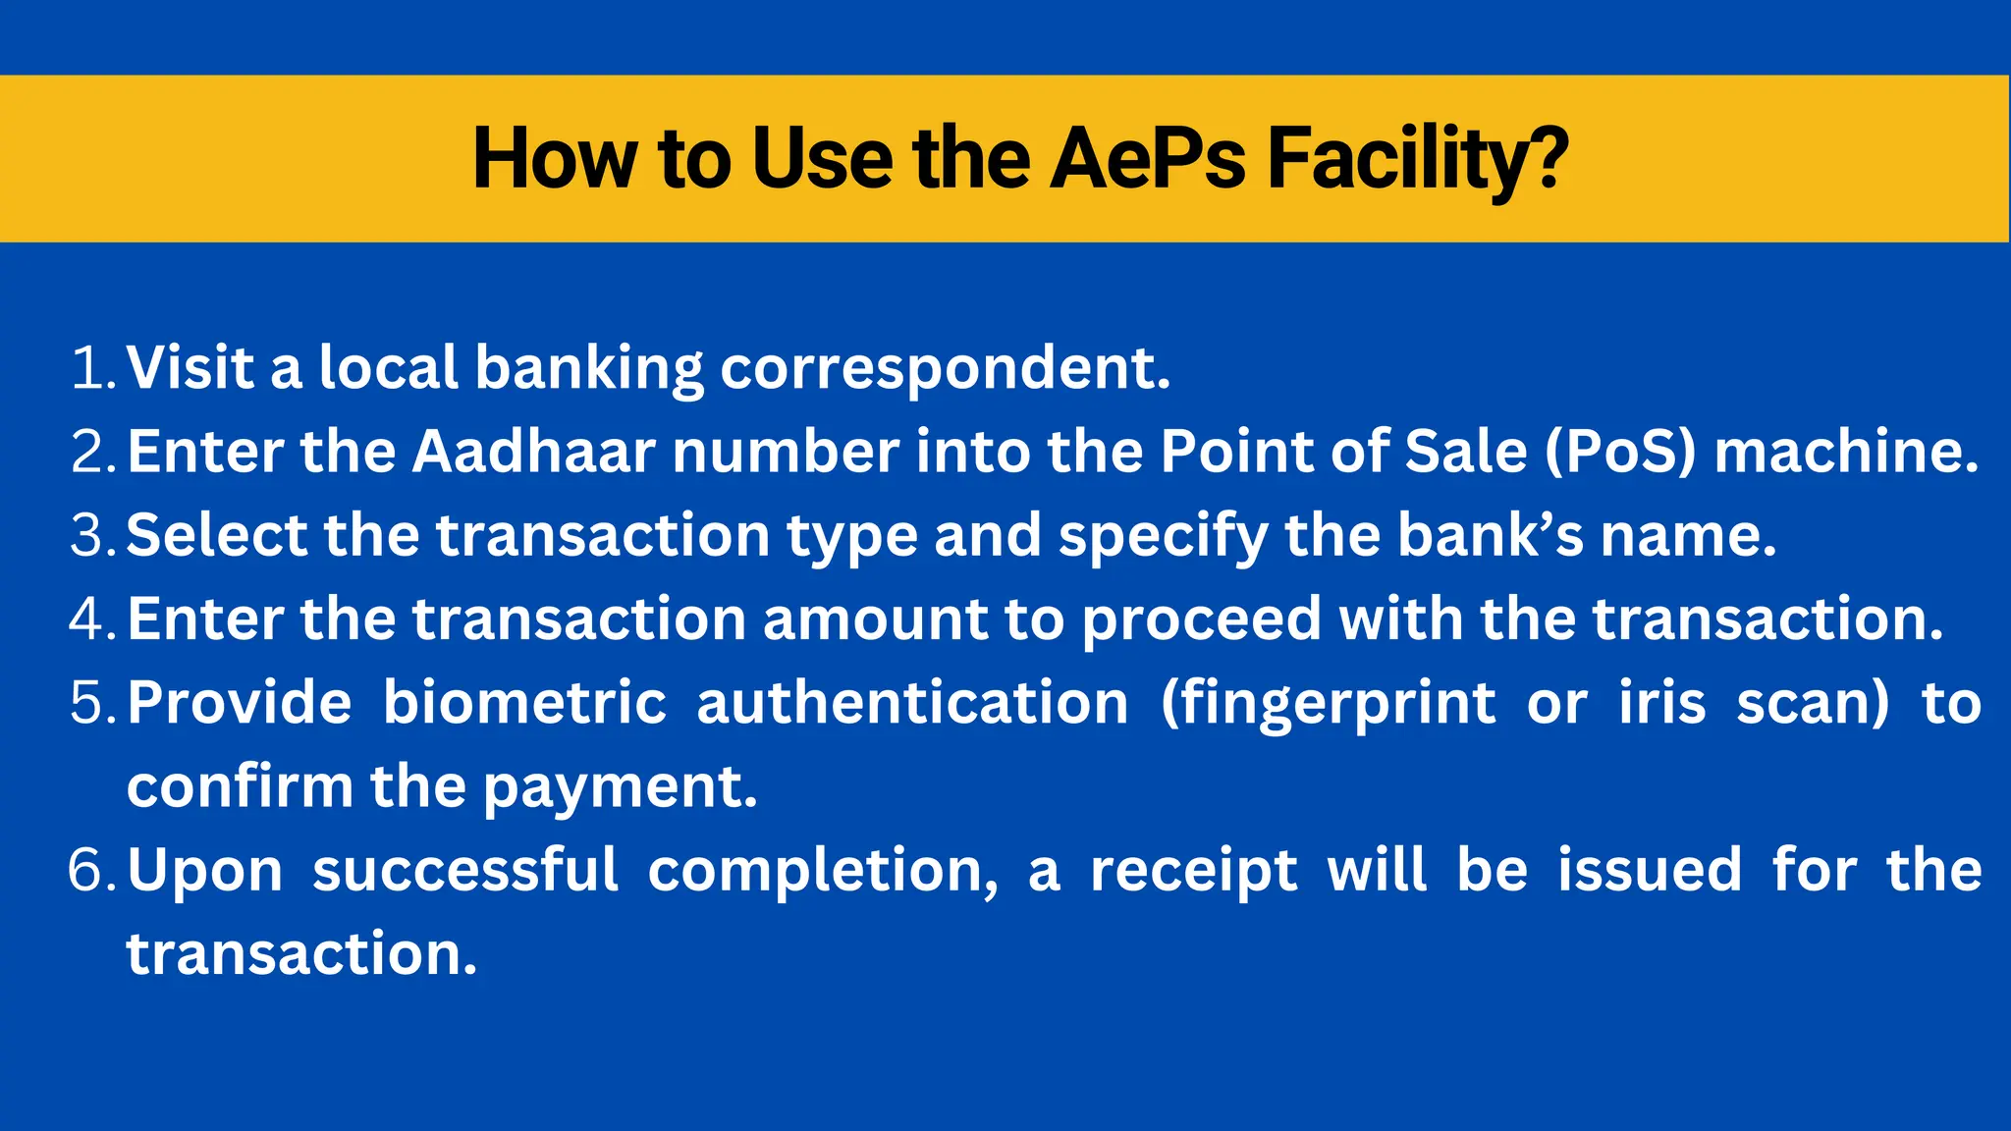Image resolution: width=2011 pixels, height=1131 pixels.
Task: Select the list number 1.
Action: click(x=92, y=368)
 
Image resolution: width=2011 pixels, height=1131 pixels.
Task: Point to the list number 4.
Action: click(x=92, y=619)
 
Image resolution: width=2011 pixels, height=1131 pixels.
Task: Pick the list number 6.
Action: click(x=92, y=871)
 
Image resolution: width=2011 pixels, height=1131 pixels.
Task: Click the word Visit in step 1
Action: click(x=190, y=368)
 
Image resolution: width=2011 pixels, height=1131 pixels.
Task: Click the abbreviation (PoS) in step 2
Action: click(x=1620, y=452)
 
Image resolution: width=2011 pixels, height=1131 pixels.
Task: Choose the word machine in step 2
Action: click(x=1845, y=452)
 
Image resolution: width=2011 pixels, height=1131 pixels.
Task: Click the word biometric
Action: click(x=524, y=703)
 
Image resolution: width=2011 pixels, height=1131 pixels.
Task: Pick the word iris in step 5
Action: click(x=1661, y=703)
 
